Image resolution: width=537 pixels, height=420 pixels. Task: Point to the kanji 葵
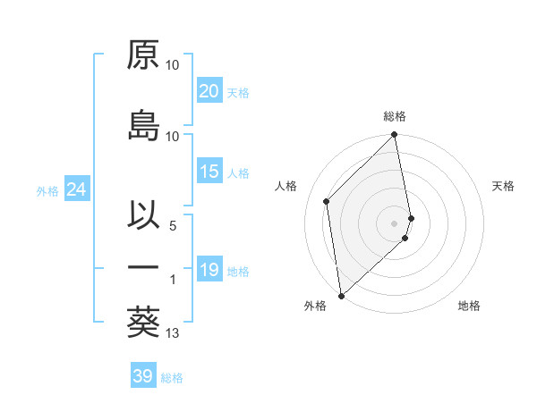coord(143,322)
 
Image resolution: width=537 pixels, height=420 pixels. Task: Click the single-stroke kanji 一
coord(143,267)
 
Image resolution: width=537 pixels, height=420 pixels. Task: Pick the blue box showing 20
coord(209,91)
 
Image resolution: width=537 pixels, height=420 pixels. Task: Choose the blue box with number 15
coord(209,172)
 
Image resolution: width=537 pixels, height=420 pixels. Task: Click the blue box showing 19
coord(209,270)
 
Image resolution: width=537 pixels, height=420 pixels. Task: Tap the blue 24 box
coord(76,189)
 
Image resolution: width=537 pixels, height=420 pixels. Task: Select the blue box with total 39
coord(143,376)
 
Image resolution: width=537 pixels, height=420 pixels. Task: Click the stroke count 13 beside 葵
coord(174,333)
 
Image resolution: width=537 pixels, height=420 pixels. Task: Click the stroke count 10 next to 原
coord(173,65)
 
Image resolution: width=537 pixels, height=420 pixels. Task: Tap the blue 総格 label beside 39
coord(172,378)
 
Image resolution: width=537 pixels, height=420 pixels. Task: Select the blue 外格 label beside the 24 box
coord(47,191)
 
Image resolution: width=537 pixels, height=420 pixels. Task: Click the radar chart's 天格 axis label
coord(504,186)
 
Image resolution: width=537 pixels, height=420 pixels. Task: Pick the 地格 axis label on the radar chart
coord(469,306)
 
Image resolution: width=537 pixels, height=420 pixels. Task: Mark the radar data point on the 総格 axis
coord(395,136)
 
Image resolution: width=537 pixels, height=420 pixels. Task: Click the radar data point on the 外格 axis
coord(341,295)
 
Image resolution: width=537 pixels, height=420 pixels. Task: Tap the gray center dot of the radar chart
coord(395,223)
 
